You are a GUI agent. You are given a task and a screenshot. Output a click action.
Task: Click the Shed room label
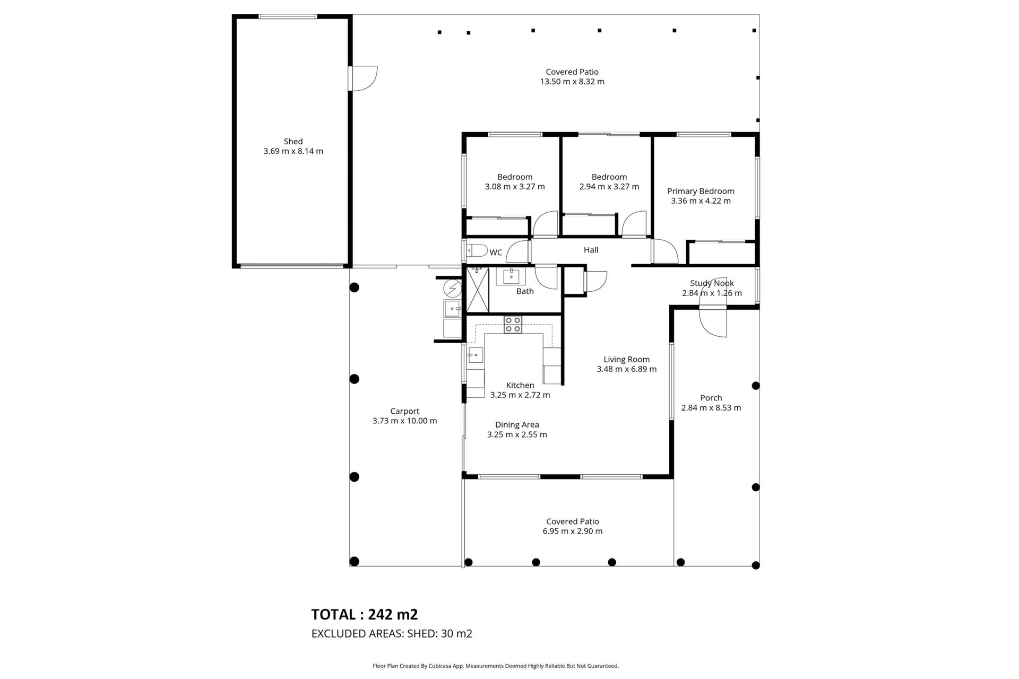pyautogui.click(x=293, y=142)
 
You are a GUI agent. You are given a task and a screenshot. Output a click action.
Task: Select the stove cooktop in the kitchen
pyautogui.click(x=513, y=325)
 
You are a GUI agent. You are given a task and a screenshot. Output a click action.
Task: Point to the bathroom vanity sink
pyautogui.click(x=511, y=276)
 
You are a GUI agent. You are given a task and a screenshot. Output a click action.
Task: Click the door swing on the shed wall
pyautogui.click(x=365, y=78)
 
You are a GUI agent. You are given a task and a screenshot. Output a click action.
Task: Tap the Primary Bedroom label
pyautogui.click(x=701, y=191)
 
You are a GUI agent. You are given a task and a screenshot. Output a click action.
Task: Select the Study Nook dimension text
pyautogui.click(x=712, y=293)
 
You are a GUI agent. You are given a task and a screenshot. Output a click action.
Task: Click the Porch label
pyautogui.click(x=711, y=398)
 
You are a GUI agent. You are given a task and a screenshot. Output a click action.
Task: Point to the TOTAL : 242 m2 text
pyautogui.click(x=364, y=614)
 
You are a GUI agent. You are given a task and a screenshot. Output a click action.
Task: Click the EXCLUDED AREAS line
pyautogui.click(x=391, y=633)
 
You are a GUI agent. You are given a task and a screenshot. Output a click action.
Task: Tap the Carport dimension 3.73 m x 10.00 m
pyautogui.click(x=404, y=421)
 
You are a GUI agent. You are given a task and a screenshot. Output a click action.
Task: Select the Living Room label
pyautogui.click(x=626, y=359)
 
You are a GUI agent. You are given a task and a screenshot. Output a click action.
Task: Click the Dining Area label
pyautogui.click(x=517, y=424)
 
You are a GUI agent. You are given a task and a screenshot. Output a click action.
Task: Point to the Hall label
pyautogui.click(x=591, y=250)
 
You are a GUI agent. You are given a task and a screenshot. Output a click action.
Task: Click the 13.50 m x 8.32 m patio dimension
pyautogui.click(x=572, y=82)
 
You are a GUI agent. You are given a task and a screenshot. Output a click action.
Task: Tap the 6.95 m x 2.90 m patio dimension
pyautogui.click(x=572, y=532)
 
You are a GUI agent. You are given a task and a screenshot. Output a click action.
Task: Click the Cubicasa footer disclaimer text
pyautogui.click(x=496, y=666)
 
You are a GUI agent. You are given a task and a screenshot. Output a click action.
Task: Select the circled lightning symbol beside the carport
pyautogui.click(x=452, y=288)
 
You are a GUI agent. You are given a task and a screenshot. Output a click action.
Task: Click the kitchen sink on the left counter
pyautogui.click(x=476, y=354)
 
